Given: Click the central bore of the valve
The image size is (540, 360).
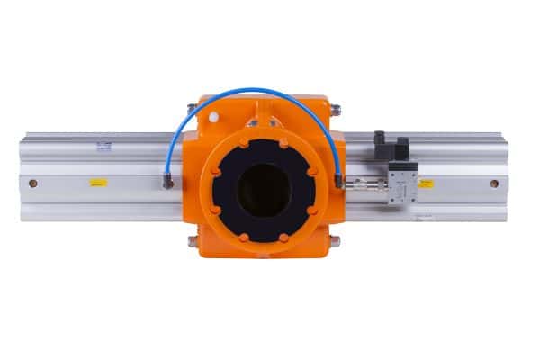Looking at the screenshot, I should click(x=264, y=190).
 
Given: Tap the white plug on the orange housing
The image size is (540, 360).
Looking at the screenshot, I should click(x=213, y=117).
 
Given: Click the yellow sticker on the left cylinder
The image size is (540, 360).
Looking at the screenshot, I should click(x=98, y=183).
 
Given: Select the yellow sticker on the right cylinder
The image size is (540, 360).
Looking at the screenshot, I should click(x=426, y=183).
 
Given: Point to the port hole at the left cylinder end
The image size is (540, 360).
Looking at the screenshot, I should click(x=33, y=184).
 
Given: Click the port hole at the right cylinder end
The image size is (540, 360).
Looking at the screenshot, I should click(x=494, y=184).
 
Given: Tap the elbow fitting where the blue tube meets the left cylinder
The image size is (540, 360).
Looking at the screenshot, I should click(x=168, y=181).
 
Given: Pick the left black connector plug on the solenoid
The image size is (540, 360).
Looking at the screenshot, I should click(x=380, y=143).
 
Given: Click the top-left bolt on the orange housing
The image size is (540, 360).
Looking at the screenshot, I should click(x=192, y=110).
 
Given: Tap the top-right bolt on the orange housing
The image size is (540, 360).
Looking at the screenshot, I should click(x=336, y=110).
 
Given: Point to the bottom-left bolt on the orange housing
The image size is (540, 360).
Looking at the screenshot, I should click(x=193, y=241).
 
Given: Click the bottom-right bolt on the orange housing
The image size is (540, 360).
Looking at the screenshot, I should click(x=335, y=241).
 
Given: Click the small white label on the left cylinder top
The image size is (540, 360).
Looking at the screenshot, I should click(x=104, y=145).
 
